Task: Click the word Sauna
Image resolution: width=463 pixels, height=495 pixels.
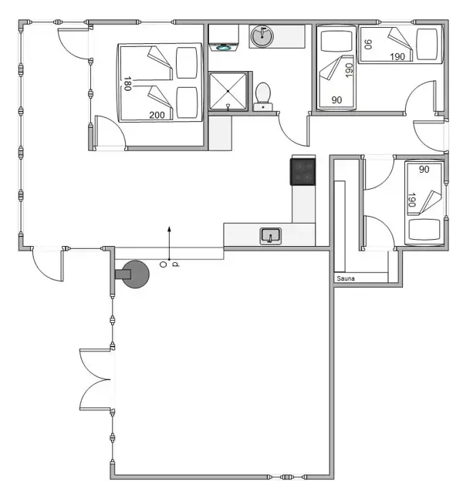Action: [344, 278]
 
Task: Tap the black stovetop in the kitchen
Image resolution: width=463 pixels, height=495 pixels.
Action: [302, 171]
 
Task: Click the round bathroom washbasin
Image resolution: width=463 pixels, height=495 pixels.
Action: [262, 35]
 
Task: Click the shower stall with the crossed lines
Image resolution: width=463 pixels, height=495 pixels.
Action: [228, 91]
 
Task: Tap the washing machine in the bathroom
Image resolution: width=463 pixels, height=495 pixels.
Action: [225, 38]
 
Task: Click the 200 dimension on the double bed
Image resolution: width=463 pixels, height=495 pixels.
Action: [157, 115]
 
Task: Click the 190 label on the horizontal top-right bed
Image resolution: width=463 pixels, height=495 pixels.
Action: [397, 56]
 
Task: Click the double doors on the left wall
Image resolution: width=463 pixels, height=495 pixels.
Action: [96, 379]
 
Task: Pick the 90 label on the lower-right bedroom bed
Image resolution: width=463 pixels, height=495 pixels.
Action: [423, 169]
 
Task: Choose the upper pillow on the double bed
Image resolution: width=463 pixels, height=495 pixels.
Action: [186, 62]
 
